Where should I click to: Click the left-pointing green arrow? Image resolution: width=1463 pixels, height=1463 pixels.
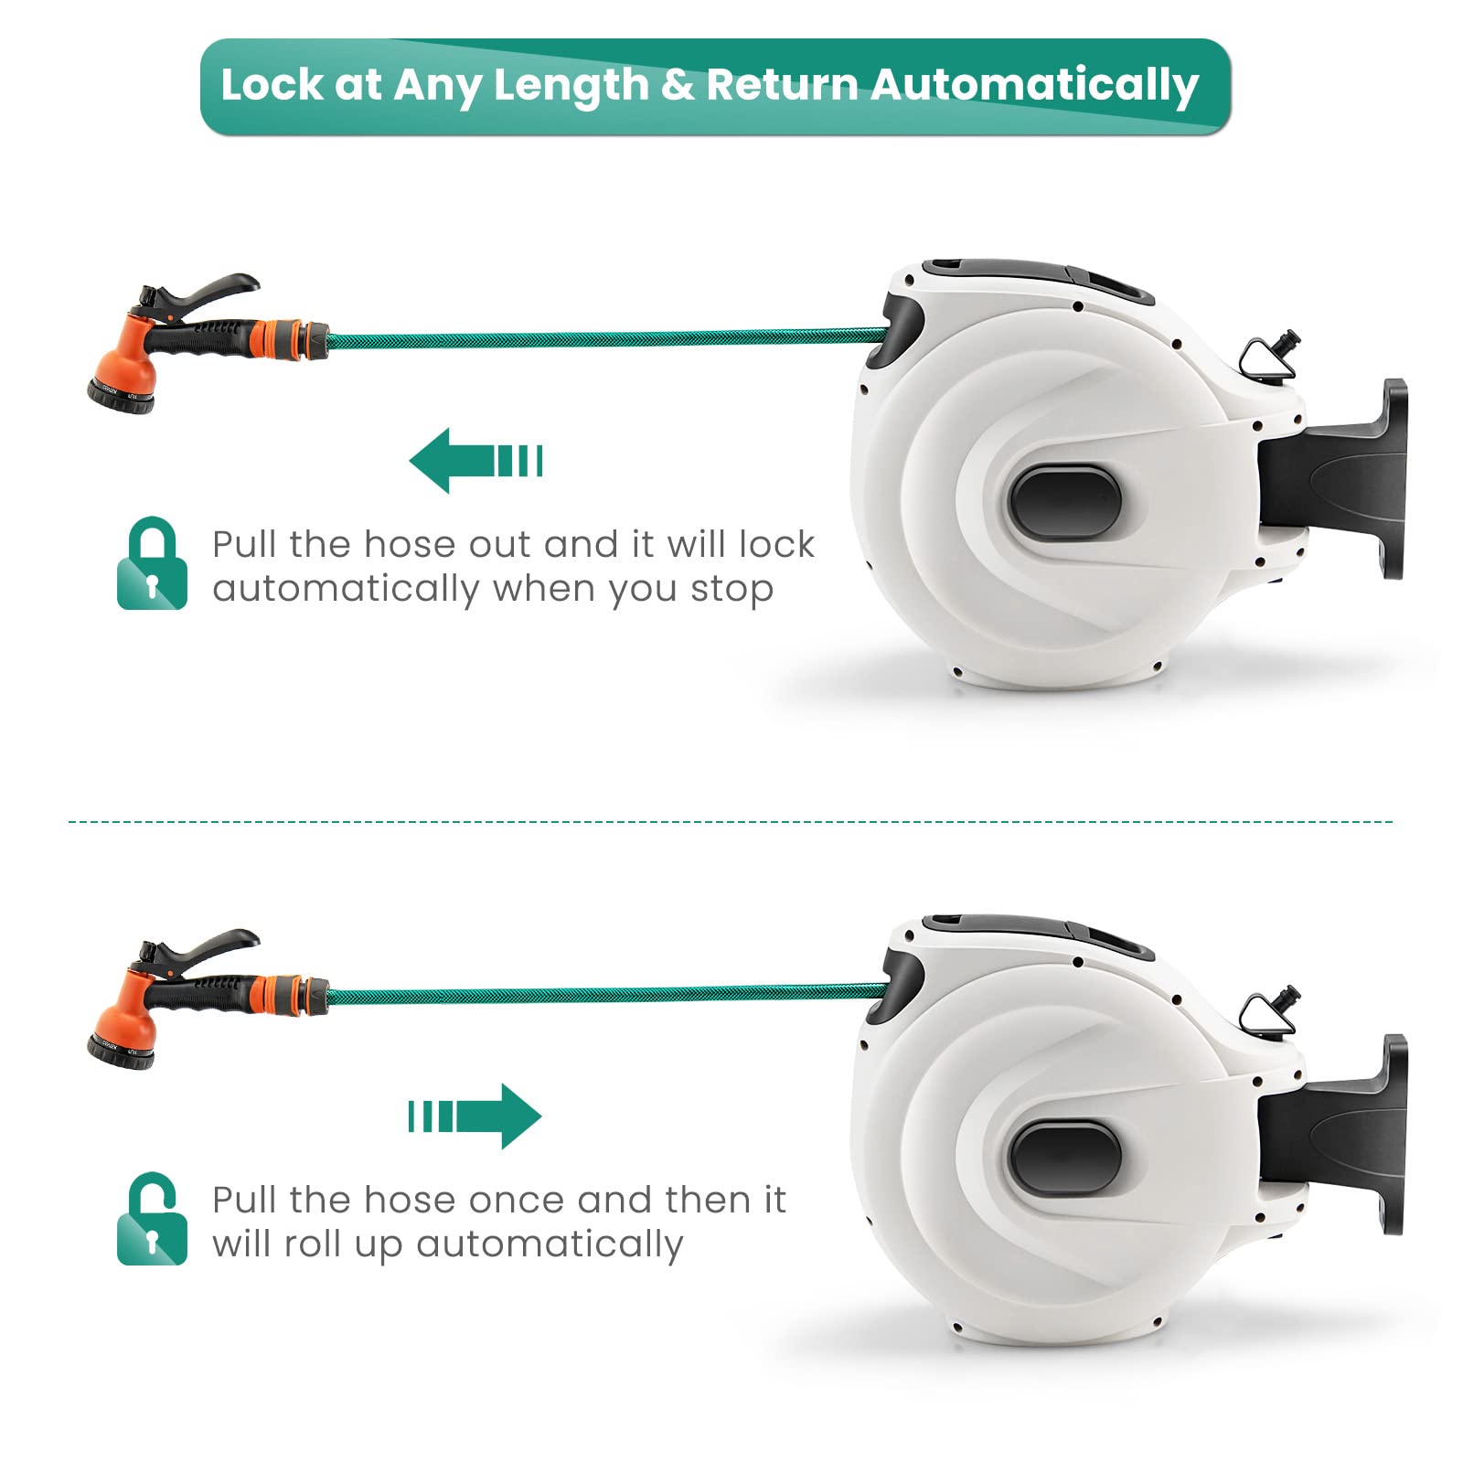(x=475, y=460)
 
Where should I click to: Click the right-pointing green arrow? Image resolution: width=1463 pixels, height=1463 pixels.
(x=475, y=1116)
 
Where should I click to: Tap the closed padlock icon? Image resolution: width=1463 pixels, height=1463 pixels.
(x=152, y=563)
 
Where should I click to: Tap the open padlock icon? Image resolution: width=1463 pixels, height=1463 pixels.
(x=152, y=1219)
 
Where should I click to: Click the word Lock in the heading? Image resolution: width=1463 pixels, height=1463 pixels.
(x=272, y=85)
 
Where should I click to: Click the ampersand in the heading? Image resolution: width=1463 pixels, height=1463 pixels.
(x=678, y=85)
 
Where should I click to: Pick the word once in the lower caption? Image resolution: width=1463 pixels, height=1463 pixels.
(x=515, y=1200)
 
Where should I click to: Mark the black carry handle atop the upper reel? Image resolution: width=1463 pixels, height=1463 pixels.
(x=1038, y=280)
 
